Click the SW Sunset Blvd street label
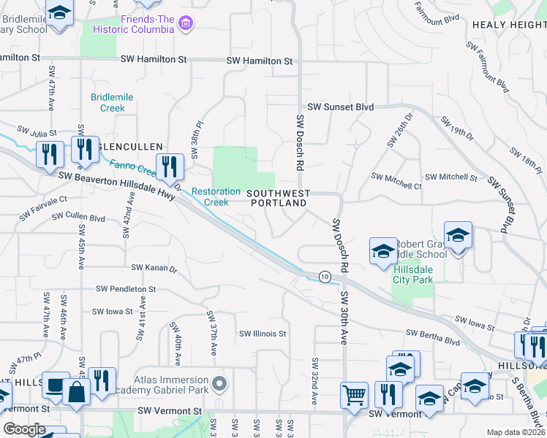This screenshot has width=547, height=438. (340, 107)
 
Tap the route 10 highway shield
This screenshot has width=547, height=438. (324, 277)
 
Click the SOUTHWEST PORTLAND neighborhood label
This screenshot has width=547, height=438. (278, 198)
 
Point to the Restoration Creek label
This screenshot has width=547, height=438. (216, 196)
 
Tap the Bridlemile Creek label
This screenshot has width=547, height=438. (108, 102)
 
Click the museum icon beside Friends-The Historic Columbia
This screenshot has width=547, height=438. (186, 23)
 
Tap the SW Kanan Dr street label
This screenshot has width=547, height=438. (154, 269)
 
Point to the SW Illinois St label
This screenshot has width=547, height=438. (263, 334)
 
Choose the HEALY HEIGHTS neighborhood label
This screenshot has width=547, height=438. (509, 24)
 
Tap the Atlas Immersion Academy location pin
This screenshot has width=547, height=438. (218, 383)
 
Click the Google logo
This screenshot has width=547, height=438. (24, 429)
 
